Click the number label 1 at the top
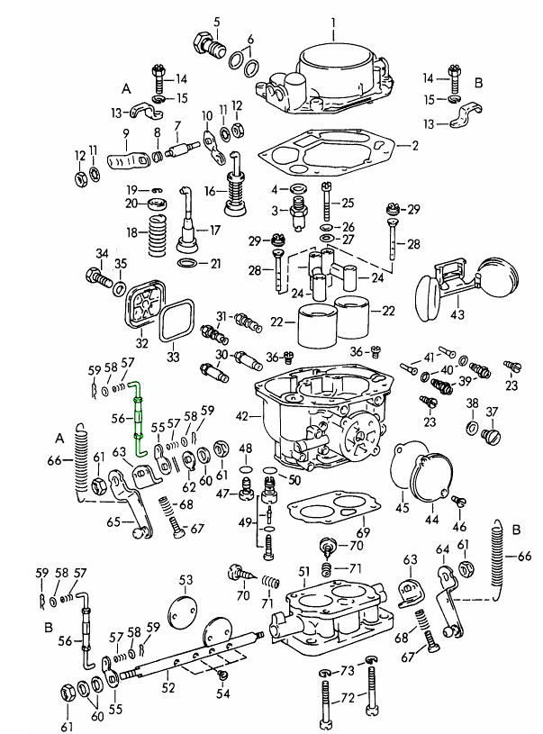(332, 22)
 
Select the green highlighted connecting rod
(139, 417)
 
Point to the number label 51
(303, 572)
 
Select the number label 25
(348, 202)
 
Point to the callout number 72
(347, 698)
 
